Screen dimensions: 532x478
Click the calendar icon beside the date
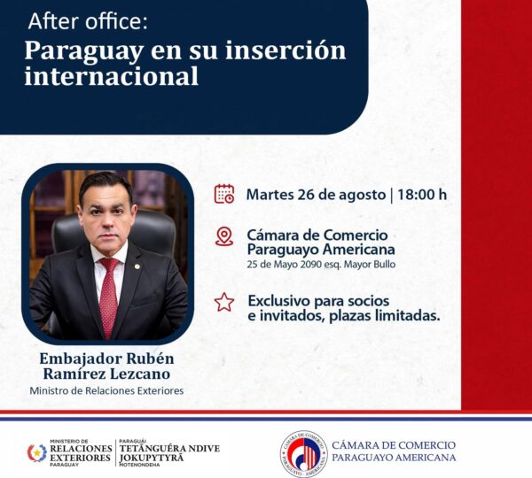224,194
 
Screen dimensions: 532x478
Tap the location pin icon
224,236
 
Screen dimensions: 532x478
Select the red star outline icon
224,302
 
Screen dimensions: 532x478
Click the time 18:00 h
422,195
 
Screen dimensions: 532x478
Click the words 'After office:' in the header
88,21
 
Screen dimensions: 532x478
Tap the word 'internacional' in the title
112,76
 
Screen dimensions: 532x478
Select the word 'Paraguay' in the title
84,51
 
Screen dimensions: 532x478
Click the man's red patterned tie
109,295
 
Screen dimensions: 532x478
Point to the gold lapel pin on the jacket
137,266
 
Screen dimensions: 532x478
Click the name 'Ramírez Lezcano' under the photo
107,374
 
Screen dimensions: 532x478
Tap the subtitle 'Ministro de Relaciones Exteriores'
106,391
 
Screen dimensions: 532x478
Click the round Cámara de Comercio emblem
304,454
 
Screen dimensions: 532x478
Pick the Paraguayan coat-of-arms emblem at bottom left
37,453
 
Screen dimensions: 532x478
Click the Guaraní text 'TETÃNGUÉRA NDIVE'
169,448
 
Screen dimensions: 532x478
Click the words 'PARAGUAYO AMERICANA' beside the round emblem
394,458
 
